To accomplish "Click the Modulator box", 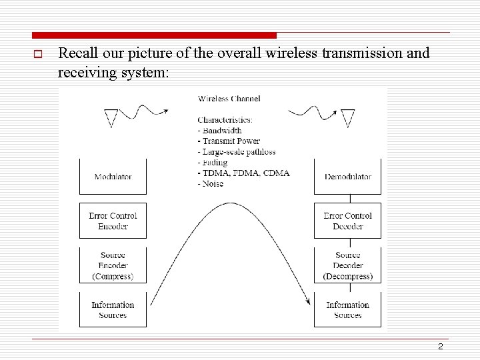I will pyautogui.click(x=113, y=177).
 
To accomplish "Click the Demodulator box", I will pyautogui.click(x=347, y=177).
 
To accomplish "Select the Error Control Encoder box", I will pyautogui.click(x=113, y=221).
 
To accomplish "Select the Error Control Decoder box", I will pyautogui.click(x=347, y=221).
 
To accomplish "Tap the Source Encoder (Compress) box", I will pyautogui.click(x=113, y=265).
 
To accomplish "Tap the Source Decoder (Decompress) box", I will pyautogui.click(x=347, y=265).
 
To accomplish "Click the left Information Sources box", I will pyautogui.click(x=113, y=309).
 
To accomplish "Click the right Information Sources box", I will pyautogui.click(x=347, y=309).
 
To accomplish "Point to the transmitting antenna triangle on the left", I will pyautogui.click(x=111, y=119).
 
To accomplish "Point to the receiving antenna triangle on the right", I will pyautogui.click(x=347, y=119).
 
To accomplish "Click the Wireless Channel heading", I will pyautogui.click(x=229, y=99).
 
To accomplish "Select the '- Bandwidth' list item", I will pyautogui.click(x=219, y=131).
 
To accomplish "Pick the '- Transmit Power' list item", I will pyautogui.click(x=229, y=141).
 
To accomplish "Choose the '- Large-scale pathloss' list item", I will pyautogui.click(x=236, y=152).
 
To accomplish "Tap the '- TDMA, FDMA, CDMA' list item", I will pyautogui.click(x=243, y=173).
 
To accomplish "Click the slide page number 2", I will pyautogui.click(x=440, y=347).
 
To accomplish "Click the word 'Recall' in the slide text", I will pyautogui.click(x=79, y=53).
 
